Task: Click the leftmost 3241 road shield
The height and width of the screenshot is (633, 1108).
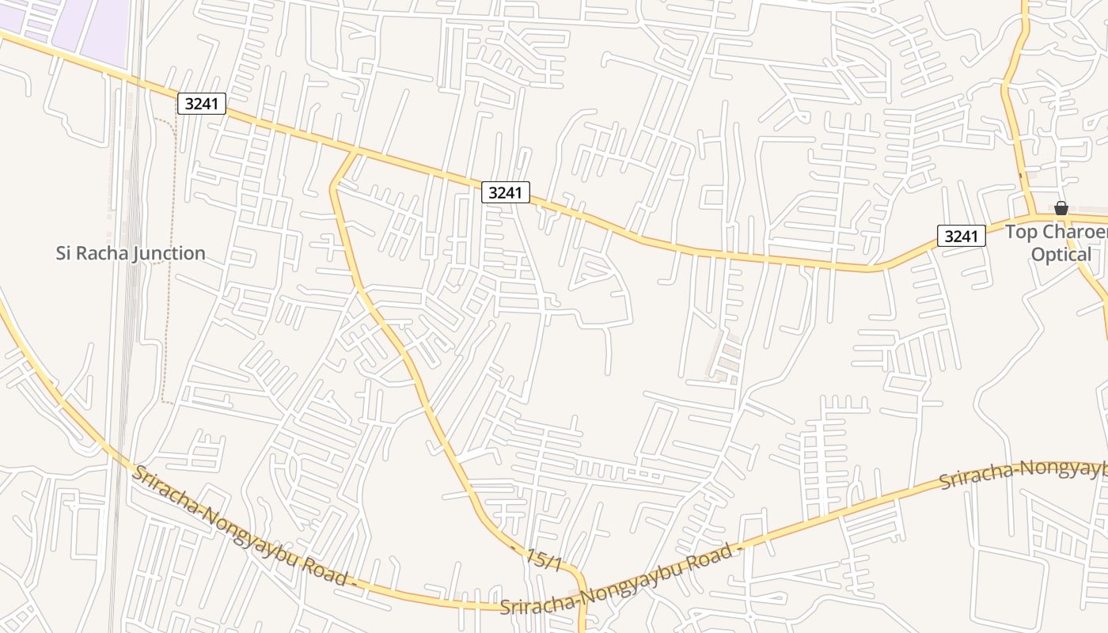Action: pyautogui.click(x=202, y=104)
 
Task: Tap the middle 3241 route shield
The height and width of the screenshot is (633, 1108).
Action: pyautogui.click(x=506, y=192)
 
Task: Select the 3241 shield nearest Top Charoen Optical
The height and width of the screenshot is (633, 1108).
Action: pyautogui.click(x=962, y=235)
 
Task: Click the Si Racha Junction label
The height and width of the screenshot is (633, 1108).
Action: pyautogui.click(x=131, y=253)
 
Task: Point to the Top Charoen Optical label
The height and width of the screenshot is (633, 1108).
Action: pyautogui.click(x=1057, y=243)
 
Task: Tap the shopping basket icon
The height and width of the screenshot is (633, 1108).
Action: pyautogui.click(x=1061, y=208)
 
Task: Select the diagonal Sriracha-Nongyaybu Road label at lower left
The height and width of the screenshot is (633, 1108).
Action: pyautogui.click(x=241, y=525)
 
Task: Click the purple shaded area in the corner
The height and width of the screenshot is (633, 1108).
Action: pyautogui.click(x=87, y=28)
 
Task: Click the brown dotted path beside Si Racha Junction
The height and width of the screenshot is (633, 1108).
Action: pyautogui.click(x=166, y=332)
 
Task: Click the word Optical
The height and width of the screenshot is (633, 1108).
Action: pyautogui.click(x=1061, y=254)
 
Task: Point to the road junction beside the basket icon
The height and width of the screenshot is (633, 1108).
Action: pyautogui.click(x=1033, y=214)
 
